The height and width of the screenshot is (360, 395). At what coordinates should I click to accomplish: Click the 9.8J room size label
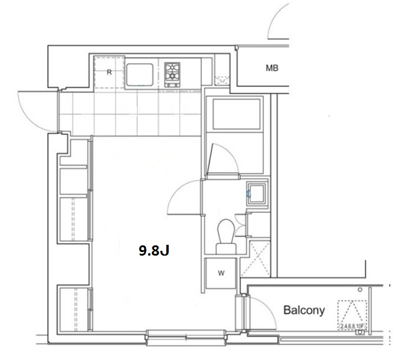tap(154, 250)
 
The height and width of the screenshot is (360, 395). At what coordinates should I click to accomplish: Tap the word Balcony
tap(304, 310)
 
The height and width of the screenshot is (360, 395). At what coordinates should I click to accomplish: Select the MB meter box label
tap(272, 68)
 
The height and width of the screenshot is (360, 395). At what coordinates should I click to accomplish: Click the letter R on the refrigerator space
tap(109, 72)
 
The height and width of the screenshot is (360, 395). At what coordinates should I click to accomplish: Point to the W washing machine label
tap(221, 273)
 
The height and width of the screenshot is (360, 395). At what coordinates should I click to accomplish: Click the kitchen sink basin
tap(140, 75)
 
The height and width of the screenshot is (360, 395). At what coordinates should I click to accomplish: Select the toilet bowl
tap(226, 236)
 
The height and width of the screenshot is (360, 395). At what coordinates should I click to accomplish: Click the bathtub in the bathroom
tap(237, 114)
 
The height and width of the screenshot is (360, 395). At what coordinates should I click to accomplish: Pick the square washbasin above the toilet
tap(257, 194)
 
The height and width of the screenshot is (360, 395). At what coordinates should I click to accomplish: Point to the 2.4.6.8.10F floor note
tap(352, 326)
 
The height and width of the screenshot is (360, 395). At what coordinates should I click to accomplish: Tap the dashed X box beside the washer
tap(255, 259)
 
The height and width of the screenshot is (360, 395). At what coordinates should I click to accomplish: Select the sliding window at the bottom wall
tap(187, 337)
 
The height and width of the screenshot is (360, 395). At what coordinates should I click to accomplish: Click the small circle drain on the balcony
tap(360, 290)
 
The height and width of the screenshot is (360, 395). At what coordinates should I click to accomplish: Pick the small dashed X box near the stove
tap(222, 80)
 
